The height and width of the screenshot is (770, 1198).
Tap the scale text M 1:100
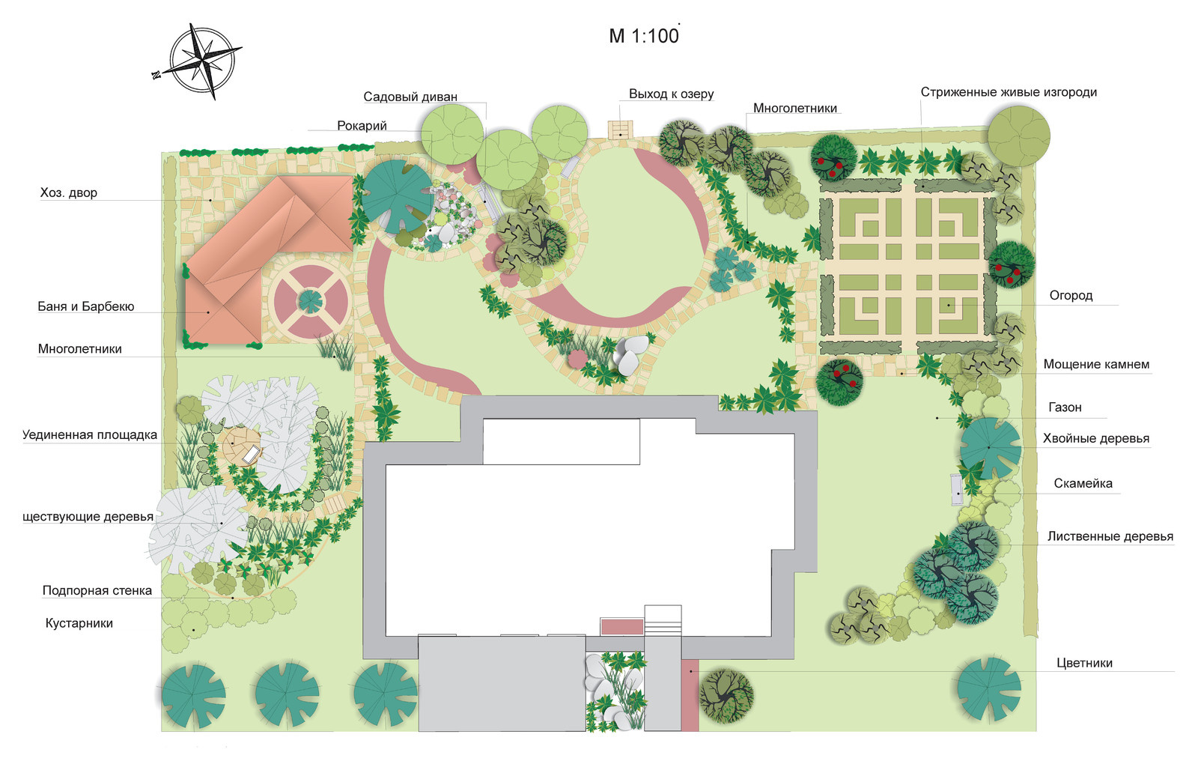pyautogui.click(x=644, y=36)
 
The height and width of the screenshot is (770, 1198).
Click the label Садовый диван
pyautogui.click(x=410, y=97)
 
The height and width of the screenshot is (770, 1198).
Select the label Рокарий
pyautogui.click(x=362, y=126)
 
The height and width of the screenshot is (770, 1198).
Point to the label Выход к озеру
pyautogui.click(x=671, y=94)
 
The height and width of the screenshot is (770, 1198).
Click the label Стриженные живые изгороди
pyautogui.click(x=1009, y=92)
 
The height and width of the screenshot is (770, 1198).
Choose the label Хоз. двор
pyautogui.click(x=68, y=192)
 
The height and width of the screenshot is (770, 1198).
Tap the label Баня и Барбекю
pyautogui.click(x=85, y=306)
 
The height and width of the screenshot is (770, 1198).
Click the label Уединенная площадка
pyautogui.click(x=90, y=435)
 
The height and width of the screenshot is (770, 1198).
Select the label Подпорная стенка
pyautogui.click(x=97, y=591)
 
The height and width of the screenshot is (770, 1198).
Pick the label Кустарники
pyautogui.click(x=79, y=623)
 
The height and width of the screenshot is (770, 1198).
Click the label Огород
pyautogui.click(x=1071, y=295)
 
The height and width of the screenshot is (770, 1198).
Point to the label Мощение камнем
pyautogui.click(x=1096, y=364)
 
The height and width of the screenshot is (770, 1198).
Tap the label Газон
pyautogui.click(x=1065, y=407)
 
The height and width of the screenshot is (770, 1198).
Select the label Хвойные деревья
pyautogui.click(x=1096, y=439)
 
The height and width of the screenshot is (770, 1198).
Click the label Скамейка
pyautogui.click(x=1083, y=484)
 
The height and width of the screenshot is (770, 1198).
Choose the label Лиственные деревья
pyautogui.click(x=1110, y=537)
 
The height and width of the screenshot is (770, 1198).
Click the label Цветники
pyautogui.click(x=1085, y=663)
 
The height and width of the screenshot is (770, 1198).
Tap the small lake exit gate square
pyautogui.click(x=621, y=130)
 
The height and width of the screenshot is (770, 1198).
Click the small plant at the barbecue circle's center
pyautogui.click(x=311, y=301)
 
